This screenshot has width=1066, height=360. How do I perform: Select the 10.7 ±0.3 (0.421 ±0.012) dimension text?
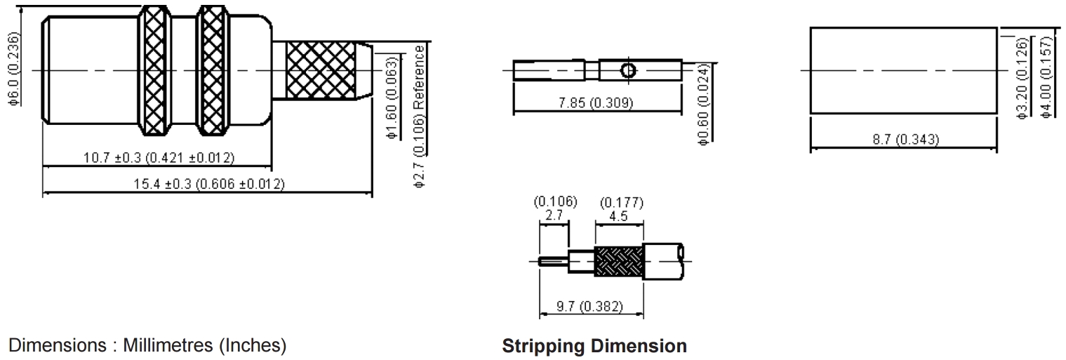tap(159, 157)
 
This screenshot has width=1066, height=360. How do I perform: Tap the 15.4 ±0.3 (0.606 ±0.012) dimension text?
tap(208, 184)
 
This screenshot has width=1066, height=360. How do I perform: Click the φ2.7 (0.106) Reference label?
tap(420, 116)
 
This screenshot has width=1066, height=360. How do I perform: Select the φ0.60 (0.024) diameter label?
tap(703, 103)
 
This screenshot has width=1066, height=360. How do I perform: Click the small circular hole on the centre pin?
tap(628, 70)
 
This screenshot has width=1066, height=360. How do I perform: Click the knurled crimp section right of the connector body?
tap(322, 70)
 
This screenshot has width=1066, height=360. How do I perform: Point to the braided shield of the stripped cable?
tap(618, 261)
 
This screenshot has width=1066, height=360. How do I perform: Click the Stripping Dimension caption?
tap(594, 346)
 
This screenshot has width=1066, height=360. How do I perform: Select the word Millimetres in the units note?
tap(168, 346)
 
